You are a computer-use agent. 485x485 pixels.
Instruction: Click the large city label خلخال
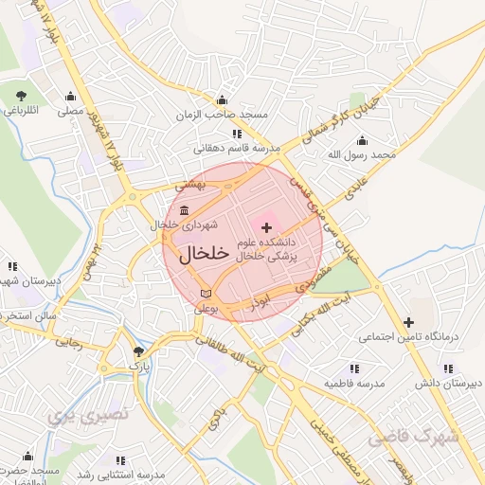(204, 253)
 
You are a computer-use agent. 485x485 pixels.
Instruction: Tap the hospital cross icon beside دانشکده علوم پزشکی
(266, 227)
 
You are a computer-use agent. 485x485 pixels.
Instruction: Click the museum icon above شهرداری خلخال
(183, 210)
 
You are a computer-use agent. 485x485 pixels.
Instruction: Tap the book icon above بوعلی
(207, 294)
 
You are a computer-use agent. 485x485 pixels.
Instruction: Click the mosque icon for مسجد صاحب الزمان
(223, 100)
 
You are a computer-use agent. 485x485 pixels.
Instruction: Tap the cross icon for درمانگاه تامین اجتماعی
(408, 322)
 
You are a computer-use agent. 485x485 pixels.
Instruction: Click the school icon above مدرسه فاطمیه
(353, 368)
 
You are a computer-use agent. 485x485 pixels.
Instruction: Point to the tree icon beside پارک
(138, 350)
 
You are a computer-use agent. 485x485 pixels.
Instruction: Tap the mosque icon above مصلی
(69, 96)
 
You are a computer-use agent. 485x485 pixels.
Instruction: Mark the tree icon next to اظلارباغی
(21, 96)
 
